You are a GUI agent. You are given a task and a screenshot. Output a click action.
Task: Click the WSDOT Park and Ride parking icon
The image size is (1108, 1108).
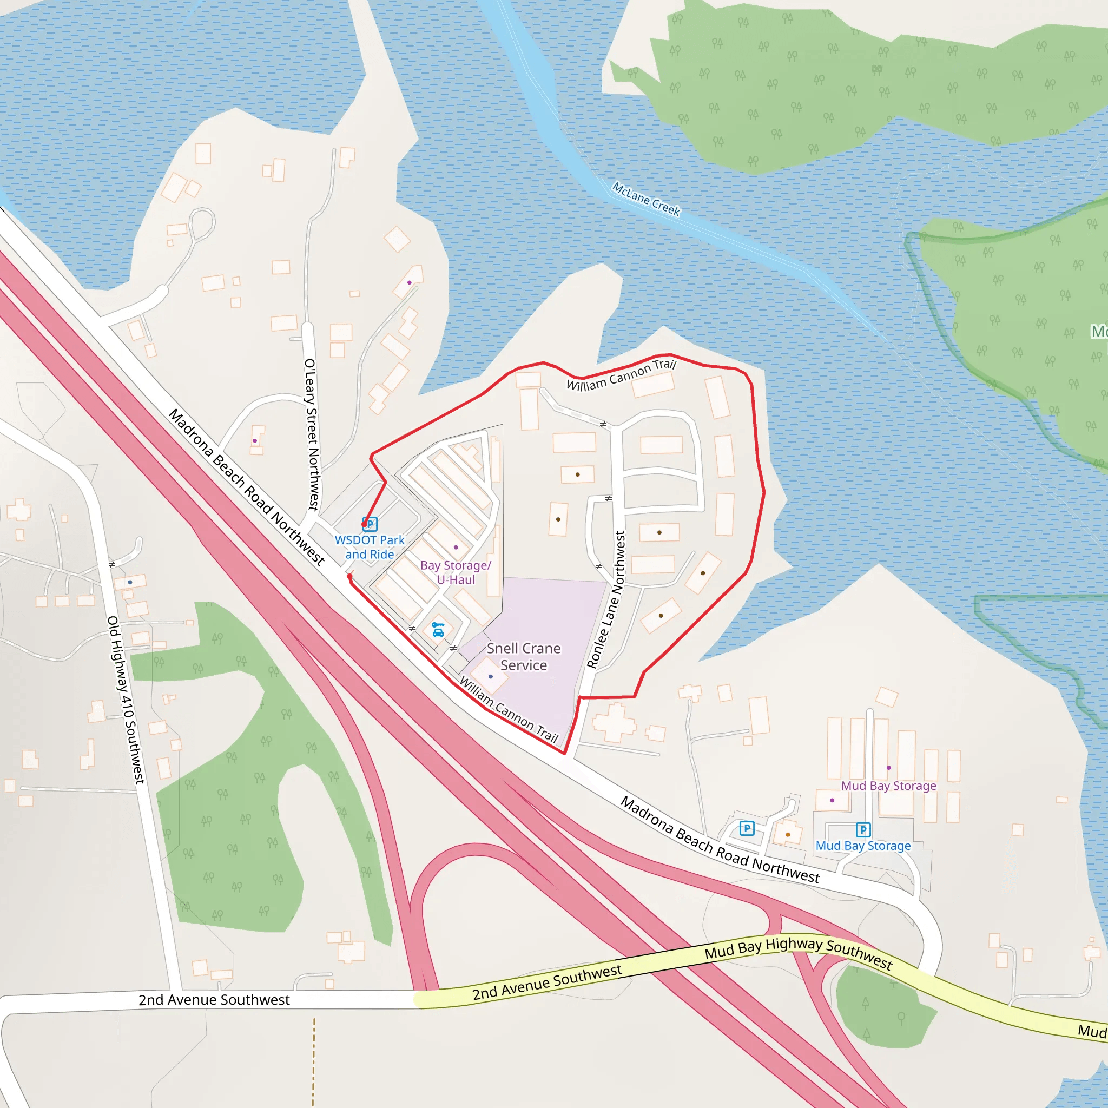point(371,524)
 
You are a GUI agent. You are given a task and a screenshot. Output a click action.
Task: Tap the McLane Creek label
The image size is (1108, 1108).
point(646,199)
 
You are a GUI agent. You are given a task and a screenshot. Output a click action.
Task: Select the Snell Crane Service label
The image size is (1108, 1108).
point(524,657)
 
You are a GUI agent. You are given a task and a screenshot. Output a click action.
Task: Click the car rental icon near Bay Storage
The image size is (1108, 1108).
point(438,630)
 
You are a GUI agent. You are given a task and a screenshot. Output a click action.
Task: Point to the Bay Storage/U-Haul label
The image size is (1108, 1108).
point(456,572)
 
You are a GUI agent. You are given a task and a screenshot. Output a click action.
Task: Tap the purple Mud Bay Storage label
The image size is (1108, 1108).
point(888,786)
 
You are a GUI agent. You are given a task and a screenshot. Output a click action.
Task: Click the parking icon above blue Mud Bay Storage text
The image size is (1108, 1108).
point(863,830)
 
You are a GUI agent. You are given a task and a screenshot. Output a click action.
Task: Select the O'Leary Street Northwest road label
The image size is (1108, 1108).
point(312,435)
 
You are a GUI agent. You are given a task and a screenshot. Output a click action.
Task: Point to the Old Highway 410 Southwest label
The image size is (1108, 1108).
point(126,700)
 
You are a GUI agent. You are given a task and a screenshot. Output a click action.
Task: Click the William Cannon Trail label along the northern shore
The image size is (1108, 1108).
point(622,375)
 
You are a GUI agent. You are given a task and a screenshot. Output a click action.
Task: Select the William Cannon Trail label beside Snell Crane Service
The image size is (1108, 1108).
point(509,710)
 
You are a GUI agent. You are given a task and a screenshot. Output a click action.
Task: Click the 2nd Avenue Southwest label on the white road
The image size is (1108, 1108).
point(214,1000)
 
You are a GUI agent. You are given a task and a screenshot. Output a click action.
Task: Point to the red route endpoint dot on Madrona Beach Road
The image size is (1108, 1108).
point(349,576)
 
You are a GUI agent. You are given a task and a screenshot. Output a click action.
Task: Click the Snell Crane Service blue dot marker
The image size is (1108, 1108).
point(490,677)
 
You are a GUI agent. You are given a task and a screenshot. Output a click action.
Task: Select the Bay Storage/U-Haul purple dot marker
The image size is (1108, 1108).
point(456,547)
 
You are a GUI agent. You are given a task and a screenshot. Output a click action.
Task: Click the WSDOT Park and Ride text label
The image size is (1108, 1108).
point(370,547)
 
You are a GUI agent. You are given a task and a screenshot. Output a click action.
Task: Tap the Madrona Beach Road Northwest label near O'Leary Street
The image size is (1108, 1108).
point(247,487)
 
